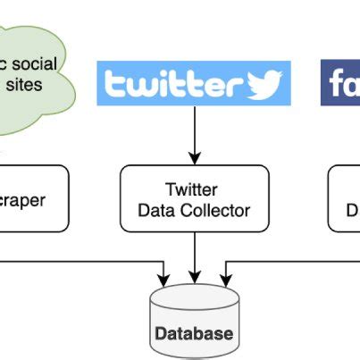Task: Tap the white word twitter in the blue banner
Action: tap(174, 85)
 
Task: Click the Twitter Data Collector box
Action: tap(194, 198)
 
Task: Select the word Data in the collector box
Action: tap(154, 211)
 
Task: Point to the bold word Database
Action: tap(194, 334)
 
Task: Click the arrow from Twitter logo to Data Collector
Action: tap(194, 134)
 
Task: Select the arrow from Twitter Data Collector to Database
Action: tap(194, 255)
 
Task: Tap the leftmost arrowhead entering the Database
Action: tap(163, 272)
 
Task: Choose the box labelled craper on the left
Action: tap(31, 198)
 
